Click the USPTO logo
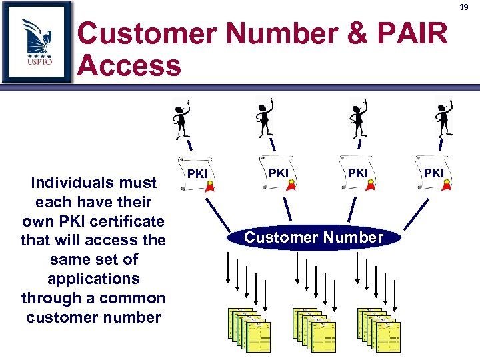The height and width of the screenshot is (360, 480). [x=37, y=41]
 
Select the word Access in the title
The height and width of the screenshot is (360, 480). [x=129, y=66]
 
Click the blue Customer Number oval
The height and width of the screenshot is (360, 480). [x=313, y=237]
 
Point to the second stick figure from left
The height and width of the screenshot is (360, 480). [x=266, y=116]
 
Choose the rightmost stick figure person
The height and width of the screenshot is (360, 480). [x=443, y=117]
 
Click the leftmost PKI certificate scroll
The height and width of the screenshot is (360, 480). [x=198, y=174]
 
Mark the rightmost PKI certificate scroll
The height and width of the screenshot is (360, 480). [x=435, y=174]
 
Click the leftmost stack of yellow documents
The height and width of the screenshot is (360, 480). [x=249, y=331]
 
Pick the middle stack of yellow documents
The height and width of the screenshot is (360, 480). [x=314, y=331]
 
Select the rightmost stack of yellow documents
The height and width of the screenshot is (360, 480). [x=379, y=331]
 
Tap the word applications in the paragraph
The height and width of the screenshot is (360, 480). [x=93, y=279]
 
